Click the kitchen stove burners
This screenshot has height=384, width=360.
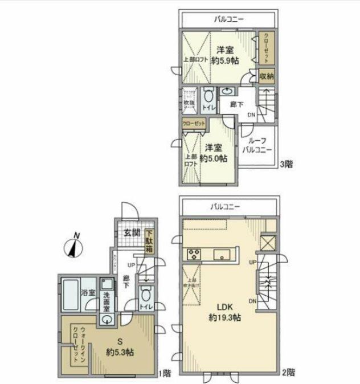coord(191,254)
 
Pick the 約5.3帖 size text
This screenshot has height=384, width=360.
coord(119,353)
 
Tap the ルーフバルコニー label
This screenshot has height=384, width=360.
coord(256,145)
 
